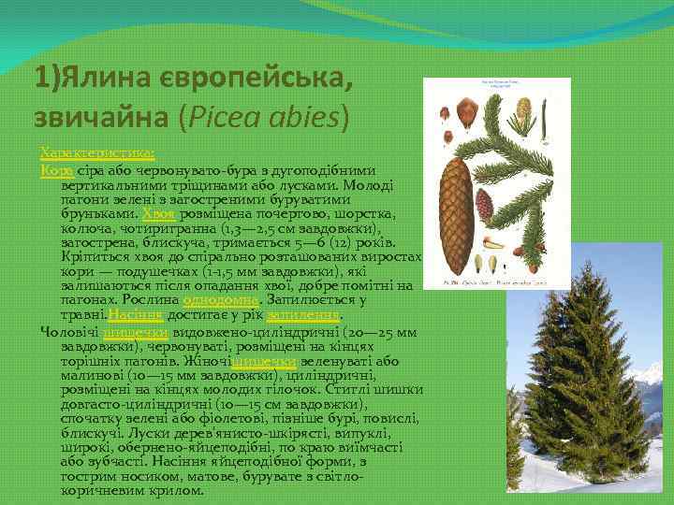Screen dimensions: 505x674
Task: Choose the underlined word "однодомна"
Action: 221,300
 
